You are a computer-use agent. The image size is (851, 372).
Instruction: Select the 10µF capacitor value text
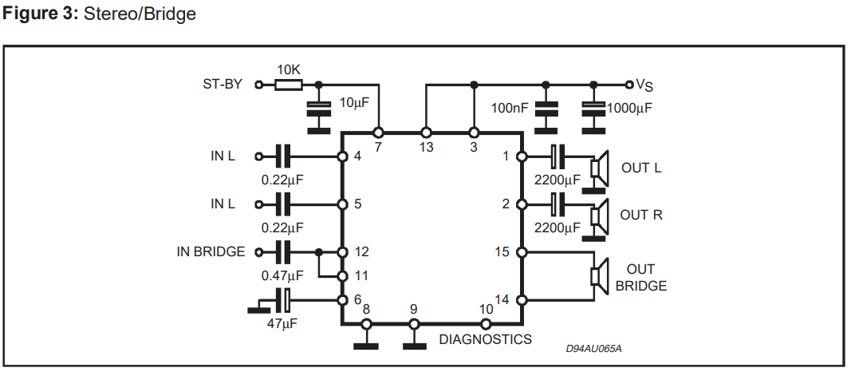coord(353,102)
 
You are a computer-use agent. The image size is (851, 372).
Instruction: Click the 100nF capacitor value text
coord(510,107)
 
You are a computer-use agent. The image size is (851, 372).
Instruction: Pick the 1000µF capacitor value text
coord(629,107)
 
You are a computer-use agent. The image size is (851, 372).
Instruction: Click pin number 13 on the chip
coord(426,147)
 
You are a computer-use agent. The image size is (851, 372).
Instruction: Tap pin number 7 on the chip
coord(378,147)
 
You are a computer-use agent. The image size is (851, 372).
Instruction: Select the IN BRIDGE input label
coord(211,251)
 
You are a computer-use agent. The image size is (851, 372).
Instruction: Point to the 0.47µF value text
coord(282,275)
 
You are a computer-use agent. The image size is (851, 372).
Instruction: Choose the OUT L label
coord(640,168)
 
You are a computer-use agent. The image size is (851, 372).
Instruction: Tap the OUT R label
coord(641,215)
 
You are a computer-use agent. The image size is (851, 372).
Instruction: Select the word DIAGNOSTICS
coord(485,339)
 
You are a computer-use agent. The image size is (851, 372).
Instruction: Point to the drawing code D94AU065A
coord(593,348)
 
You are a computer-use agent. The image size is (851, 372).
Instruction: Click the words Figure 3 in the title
coord(38,14)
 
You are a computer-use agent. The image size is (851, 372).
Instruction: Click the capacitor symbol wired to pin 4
coord(282,156)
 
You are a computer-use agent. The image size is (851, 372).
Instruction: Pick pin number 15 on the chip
coord(502,252)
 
